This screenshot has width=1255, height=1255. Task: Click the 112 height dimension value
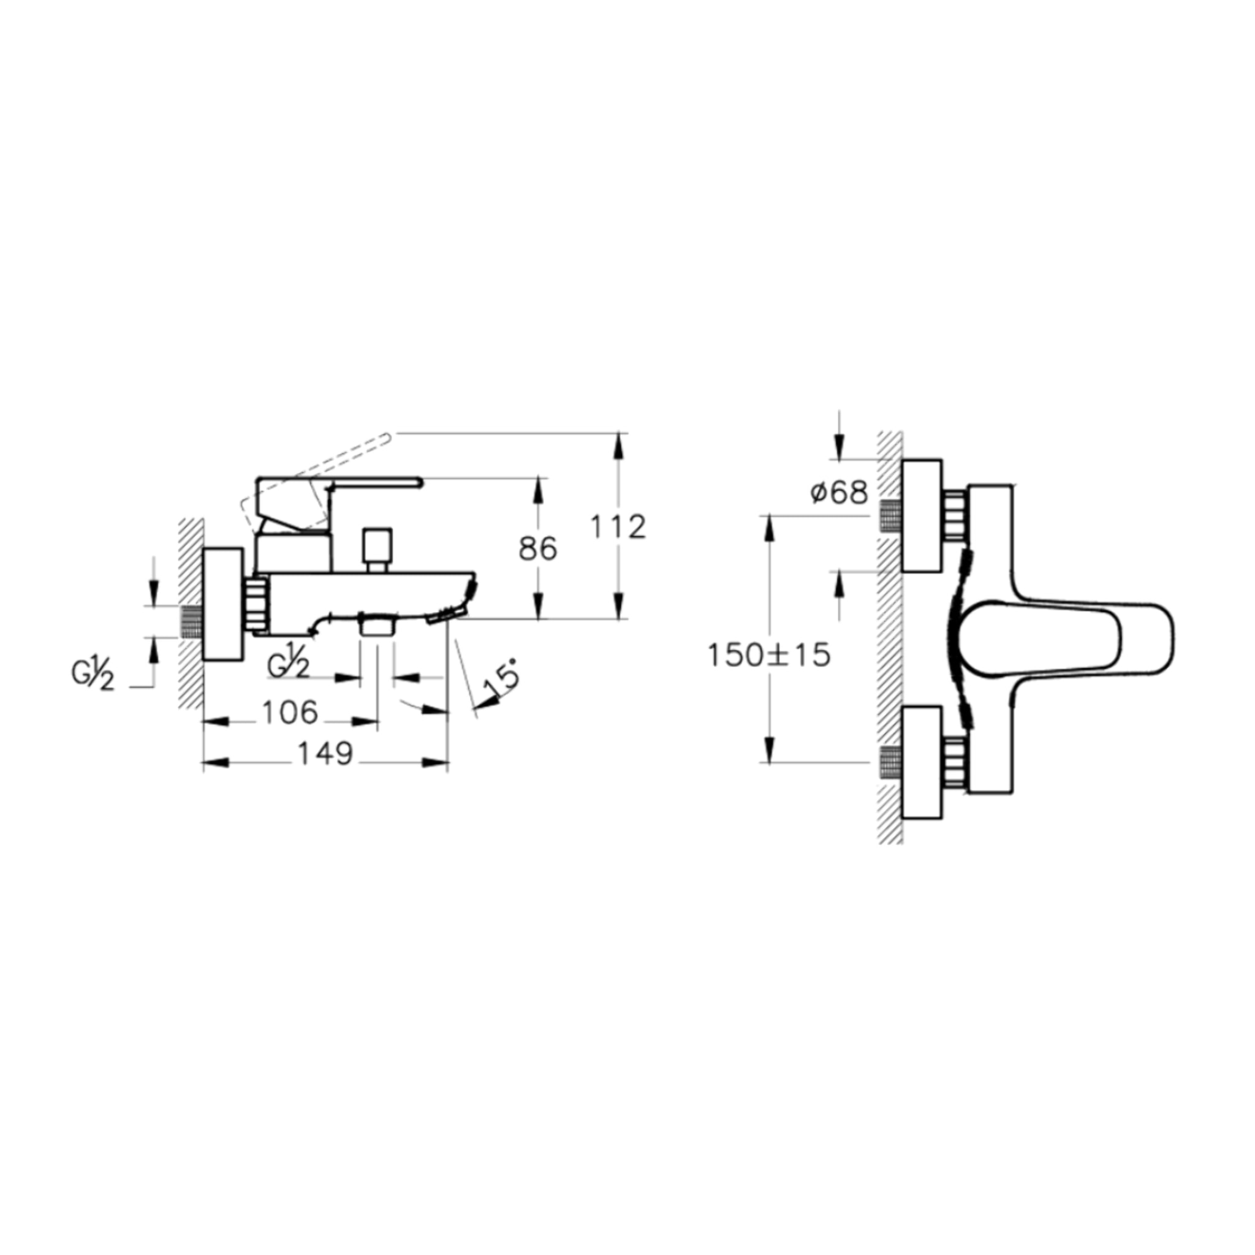pos(618,527)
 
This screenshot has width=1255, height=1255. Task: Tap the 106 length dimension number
pos(290,713)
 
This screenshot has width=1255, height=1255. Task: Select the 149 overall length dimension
pos(325,754)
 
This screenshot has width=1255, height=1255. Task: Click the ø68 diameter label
pos(839,493)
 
